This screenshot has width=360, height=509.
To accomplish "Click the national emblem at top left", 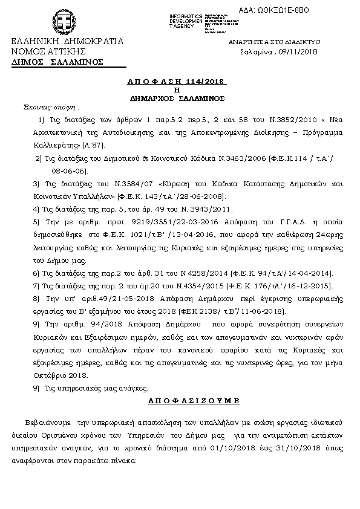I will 62,25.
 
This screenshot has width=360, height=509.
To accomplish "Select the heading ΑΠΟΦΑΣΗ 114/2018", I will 177,81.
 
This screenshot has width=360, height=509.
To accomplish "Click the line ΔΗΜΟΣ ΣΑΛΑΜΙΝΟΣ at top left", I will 57,62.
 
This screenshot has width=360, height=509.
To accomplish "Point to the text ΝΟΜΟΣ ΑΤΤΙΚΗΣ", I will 48,52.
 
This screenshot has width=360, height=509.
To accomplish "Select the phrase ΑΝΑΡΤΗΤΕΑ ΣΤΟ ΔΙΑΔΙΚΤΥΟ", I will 274,42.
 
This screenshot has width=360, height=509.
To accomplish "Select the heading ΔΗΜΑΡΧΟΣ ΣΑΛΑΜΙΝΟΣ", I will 177,97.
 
